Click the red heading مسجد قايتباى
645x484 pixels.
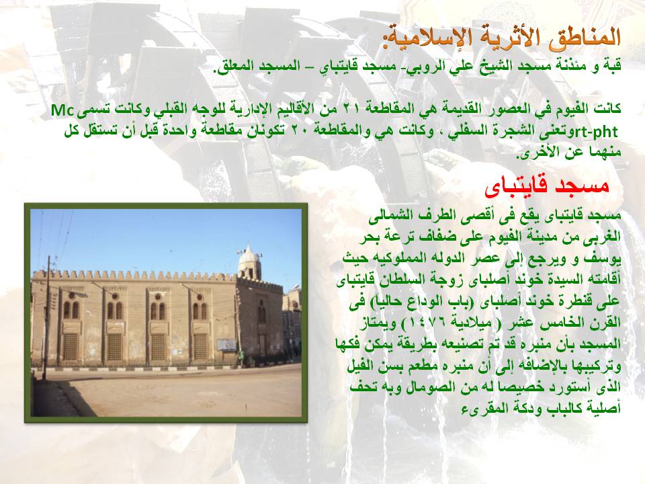point(547,186)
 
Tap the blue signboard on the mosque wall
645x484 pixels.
point(226,345)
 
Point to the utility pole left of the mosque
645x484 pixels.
point(47,317)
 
